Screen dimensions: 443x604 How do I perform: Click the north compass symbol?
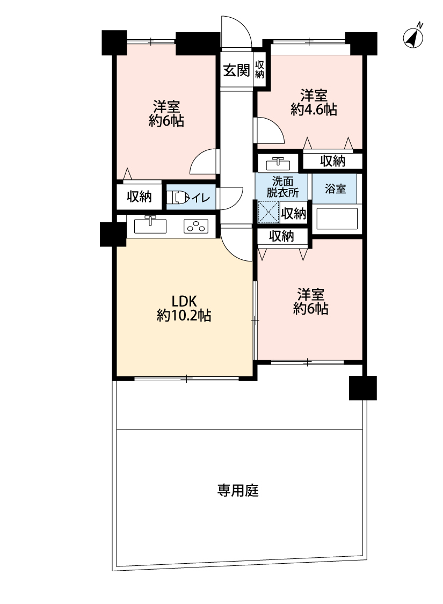click(413, 38)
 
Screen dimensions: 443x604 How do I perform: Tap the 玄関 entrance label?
click(236, 70)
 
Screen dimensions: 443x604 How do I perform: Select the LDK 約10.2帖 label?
click(184, 308)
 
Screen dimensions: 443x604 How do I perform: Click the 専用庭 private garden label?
click(238, 490)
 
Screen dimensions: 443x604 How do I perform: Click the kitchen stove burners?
click(195, 226)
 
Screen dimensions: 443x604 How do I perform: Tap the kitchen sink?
click(150, 225)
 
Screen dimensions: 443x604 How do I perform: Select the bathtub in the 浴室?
click(337, 219)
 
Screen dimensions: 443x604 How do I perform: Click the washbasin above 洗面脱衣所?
click(278, 163)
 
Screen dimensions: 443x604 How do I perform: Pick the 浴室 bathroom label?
click(335, 189)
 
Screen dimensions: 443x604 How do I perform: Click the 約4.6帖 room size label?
click(314, 110)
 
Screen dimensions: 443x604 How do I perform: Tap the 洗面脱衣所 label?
click(283, 187)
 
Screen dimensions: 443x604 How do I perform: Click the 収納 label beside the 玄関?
click(260, 69)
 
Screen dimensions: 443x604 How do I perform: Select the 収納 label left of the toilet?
click(140, 197)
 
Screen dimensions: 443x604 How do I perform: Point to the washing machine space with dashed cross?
click(268, 212)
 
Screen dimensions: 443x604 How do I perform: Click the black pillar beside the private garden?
click(363, 388)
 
